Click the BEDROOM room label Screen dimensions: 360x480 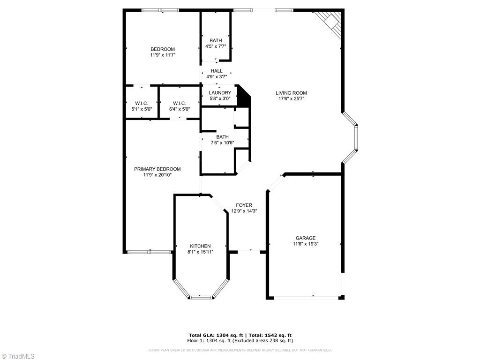click(162, 49)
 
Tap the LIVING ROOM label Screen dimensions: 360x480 click(291, 93)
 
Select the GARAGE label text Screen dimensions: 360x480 click(305, 238)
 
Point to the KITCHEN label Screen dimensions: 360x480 click(200, 246)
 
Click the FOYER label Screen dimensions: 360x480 click(244, 205)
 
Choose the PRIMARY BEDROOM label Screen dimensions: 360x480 click(157, 169)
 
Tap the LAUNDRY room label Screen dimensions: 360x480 click(220, 93)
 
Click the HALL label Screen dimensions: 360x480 click(217, 71)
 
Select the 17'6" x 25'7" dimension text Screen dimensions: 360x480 click(291, 99)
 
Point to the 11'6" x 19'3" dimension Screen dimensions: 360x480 click(305, 244)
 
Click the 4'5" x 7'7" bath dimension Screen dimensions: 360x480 click(216, 46)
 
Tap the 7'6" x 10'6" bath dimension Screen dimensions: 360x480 click(222, 143)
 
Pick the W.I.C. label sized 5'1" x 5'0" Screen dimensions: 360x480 click(142, 103)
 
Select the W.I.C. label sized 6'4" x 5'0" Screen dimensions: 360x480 click(180, 103)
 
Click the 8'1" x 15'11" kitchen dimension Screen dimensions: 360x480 click(200, 252)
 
